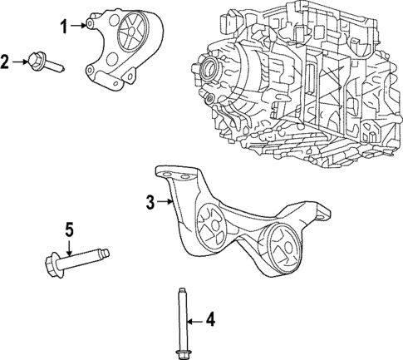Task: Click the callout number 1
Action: pos(62,26)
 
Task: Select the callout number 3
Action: pos(150,200)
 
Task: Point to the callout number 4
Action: pos(211,318)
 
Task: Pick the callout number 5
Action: pos(70,227)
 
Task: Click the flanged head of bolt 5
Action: pos(51,264)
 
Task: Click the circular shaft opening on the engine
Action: pos(207,68)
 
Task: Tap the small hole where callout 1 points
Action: pos(87,26)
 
